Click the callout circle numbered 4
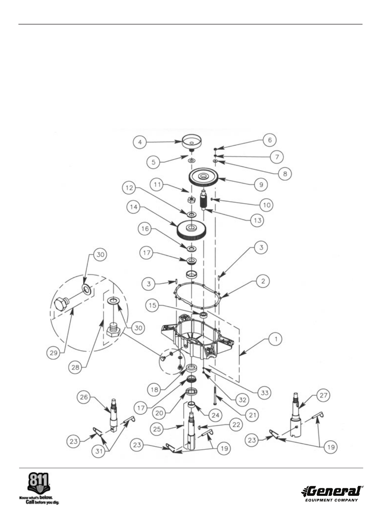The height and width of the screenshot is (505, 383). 140,142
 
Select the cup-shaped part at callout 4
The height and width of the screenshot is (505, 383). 191,142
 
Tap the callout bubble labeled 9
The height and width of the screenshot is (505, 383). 261,184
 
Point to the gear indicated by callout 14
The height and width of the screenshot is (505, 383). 191,229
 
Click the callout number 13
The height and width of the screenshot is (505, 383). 257,220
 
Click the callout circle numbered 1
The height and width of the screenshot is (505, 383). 276,339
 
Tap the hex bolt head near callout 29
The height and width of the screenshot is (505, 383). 61,304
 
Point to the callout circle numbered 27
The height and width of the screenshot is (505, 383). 323,395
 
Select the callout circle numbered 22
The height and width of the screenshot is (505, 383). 236,425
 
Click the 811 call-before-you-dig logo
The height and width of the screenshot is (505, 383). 39,488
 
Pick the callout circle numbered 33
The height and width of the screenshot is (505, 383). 265,392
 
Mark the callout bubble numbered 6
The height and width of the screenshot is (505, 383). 270,140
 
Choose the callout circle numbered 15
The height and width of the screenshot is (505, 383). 152,305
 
